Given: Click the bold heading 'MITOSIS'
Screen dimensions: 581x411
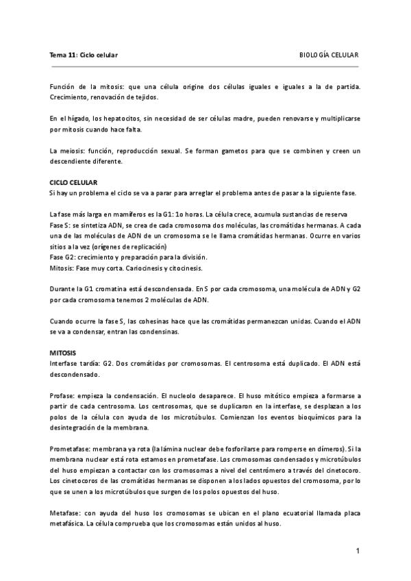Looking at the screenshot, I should (64, 351).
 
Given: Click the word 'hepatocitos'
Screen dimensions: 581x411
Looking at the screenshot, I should (103, 119).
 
